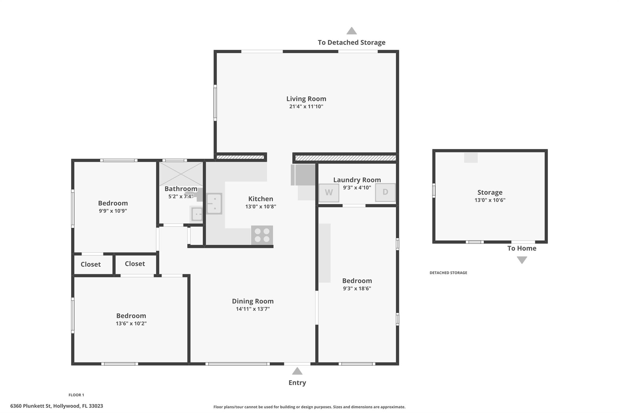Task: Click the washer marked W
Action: coord(329,193)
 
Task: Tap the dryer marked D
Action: coord(385,192)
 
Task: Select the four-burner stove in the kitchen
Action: coord(262,235)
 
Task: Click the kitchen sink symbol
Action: coord(214,204)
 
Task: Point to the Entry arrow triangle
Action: coord(297,371)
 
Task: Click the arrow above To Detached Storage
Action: coord(352,31)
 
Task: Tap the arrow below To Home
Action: coord(522,260)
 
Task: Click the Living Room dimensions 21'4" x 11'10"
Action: coord(306,107)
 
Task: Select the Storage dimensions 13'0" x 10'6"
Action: coord(490,200)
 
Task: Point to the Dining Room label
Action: coord(253,301)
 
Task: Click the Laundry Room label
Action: coord(357,180)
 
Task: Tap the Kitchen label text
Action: coord(261,199)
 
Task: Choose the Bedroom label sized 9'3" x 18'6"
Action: coord(357,280)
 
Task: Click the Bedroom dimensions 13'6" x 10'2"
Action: coord(131,323)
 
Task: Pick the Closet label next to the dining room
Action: coord(135,264)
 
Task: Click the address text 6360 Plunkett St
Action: coord(31,406)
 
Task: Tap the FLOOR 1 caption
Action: coord(76,395)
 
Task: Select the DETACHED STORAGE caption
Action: coord(448,273)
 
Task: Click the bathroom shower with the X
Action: coord(181,174)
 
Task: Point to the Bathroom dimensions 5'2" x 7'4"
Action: coord(181,196)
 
